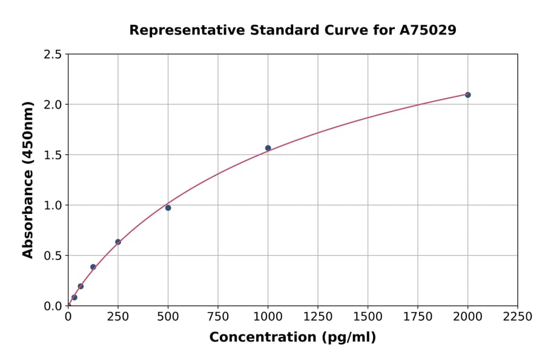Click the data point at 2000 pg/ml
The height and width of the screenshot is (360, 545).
click(467, 95)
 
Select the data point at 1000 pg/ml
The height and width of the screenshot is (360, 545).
click(268, 148)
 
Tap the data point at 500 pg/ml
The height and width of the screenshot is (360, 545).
click(168, 208)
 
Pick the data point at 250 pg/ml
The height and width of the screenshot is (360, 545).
click(118, 242)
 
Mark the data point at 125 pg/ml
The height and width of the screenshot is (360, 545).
click(93, 267)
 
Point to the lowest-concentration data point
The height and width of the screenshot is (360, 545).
click(74, 298)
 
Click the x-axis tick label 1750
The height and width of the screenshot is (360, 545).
click(418, 316)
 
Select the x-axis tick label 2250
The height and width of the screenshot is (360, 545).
click(517, 316)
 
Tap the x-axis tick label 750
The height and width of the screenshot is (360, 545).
click(218, 316)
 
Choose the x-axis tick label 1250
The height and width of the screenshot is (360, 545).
click(318, 316)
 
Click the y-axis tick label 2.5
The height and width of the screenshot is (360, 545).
click(53, 55)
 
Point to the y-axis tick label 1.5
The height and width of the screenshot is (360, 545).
click(53, 155)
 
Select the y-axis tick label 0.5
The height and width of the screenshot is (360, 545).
click(53, 256)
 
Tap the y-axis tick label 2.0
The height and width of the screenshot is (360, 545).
click(53, 105)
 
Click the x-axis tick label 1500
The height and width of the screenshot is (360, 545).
click(368, 316)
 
